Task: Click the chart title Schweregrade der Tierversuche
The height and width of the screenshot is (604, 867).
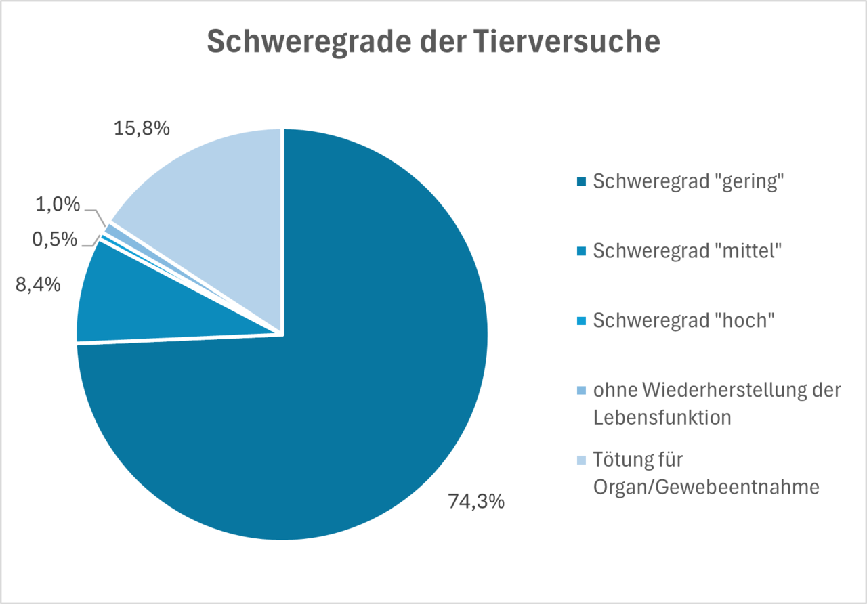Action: coord(433,42)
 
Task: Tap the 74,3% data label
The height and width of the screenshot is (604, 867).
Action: coord(476,502)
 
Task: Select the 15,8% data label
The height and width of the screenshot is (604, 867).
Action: coord(141,129)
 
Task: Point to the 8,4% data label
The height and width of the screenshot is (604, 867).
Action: coord(39,285)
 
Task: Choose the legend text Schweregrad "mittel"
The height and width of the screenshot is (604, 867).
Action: coord(688,251)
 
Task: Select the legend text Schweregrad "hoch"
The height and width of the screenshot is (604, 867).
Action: coord(683,320)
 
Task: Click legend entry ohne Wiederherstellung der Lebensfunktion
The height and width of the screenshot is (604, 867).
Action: coord(717,404)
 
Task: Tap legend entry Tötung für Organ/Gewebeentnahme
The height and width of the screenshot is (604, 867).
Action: coord(706,473)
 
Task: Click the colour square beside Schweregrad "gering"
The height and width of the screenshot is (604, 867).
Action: coord(580,182)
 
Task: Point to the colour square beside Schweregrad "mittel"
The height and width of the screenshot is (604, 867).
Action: coord(580,251)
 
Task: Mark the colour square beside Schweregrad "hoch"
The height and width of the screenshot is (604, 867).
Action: coord(580,320)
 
